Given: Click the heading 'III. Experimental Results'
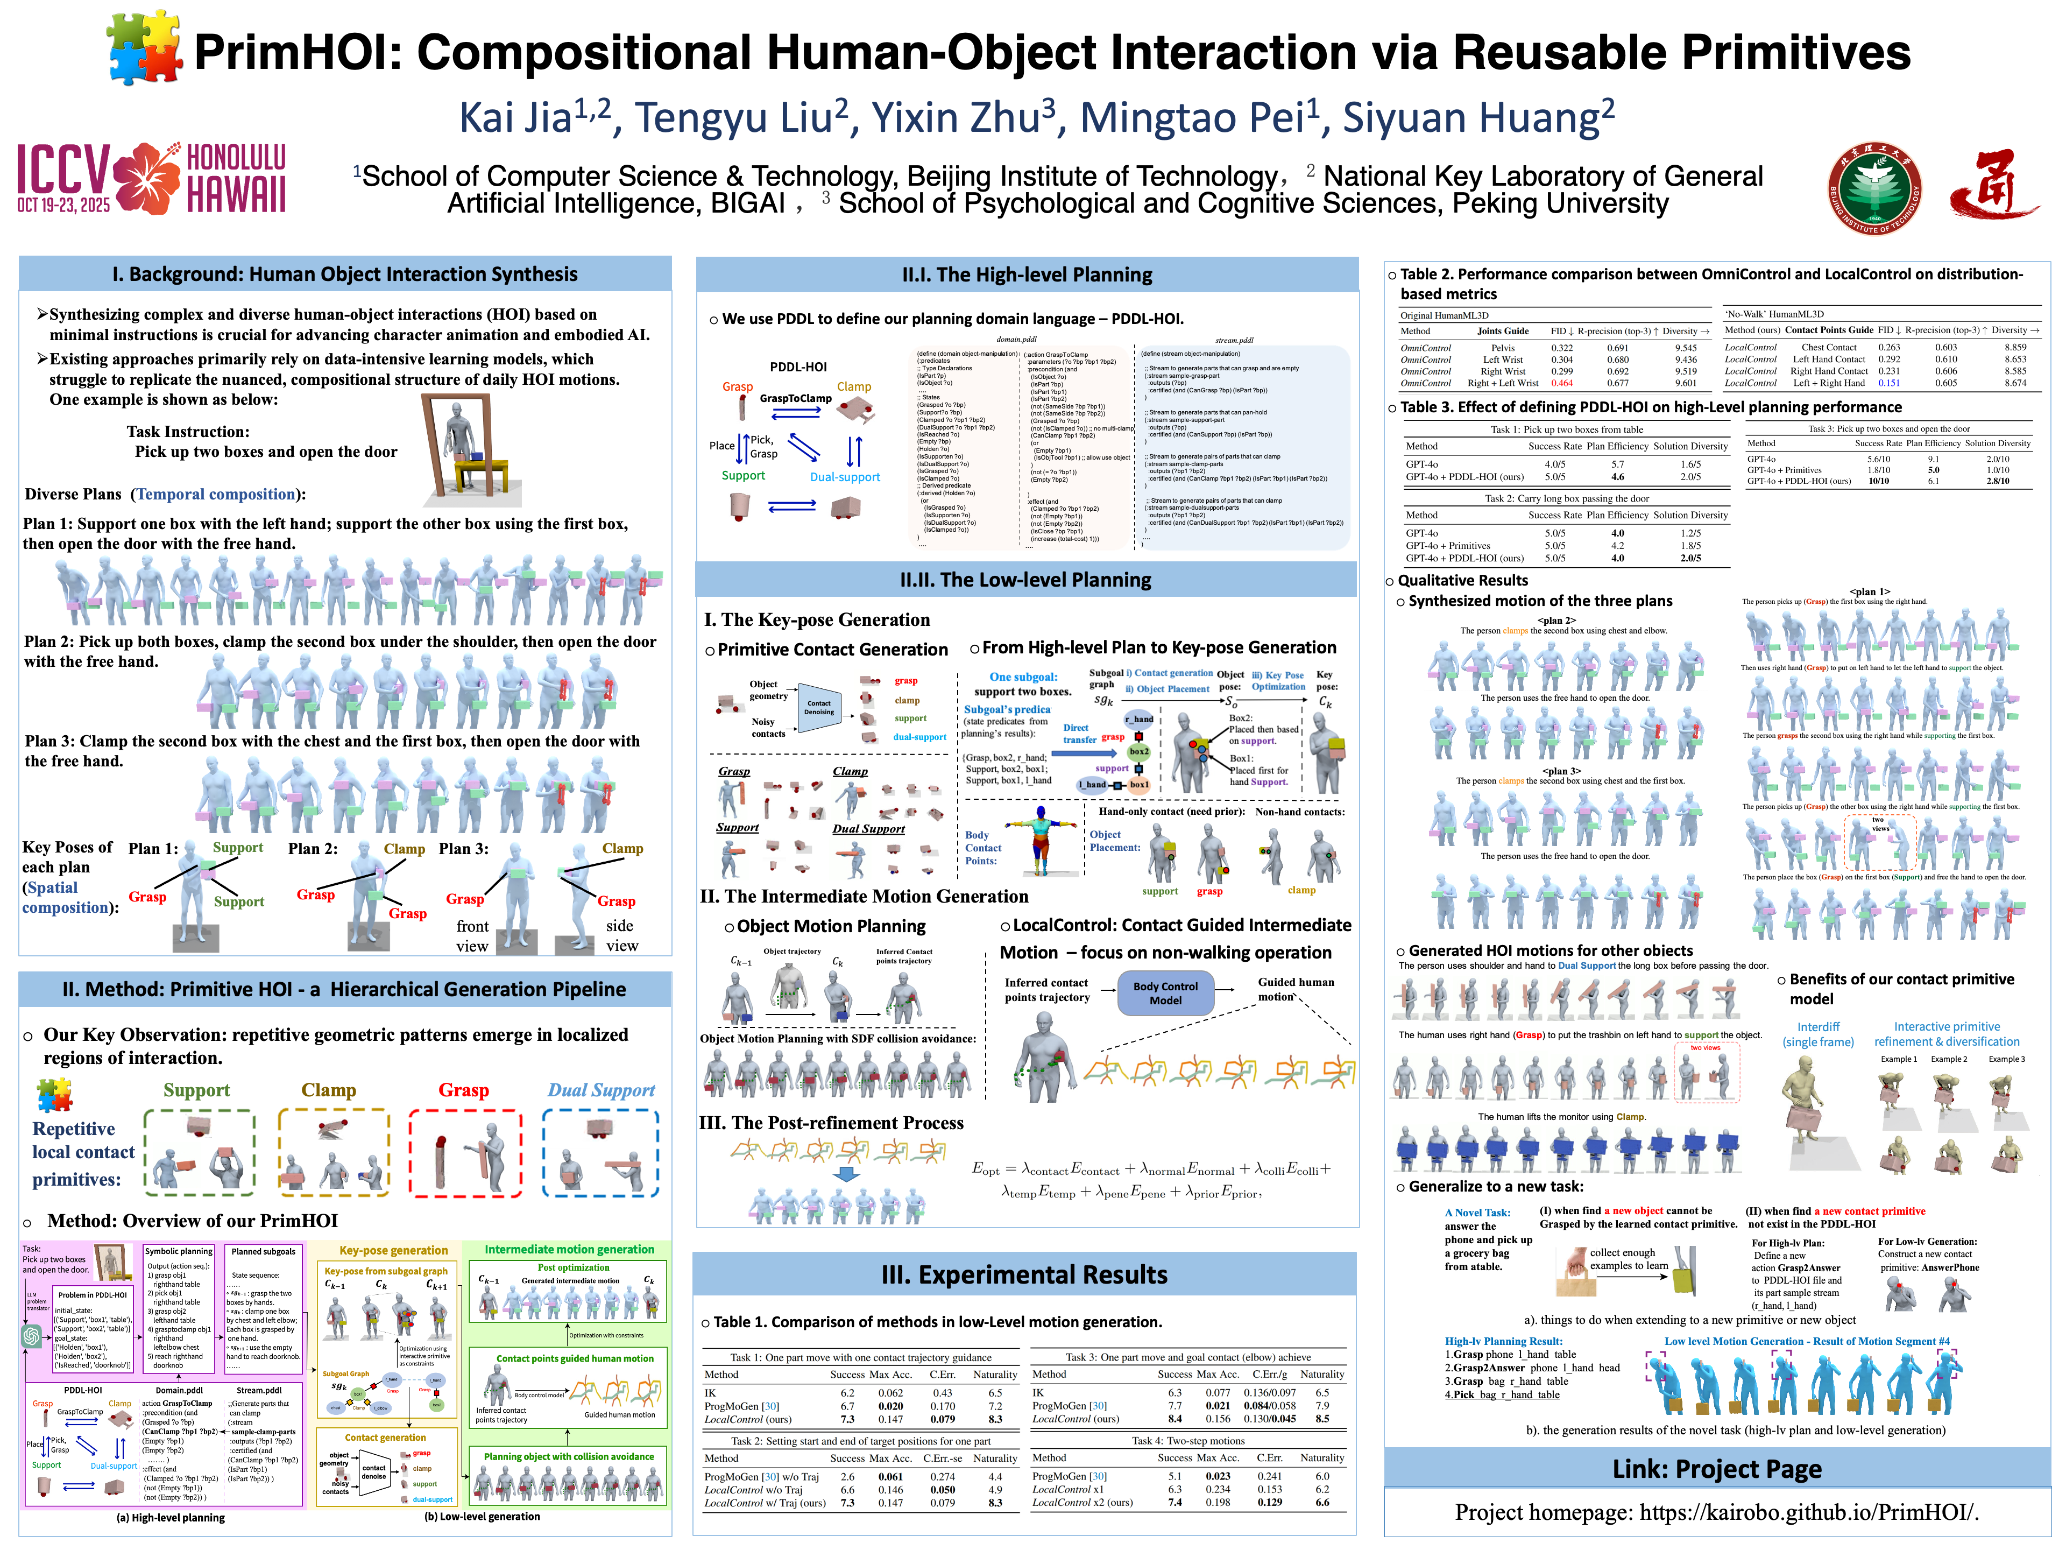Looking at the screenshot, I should tap(1024, 1274).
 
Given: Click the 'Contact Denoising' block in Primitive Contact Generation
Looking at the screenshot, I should tap(819, 708).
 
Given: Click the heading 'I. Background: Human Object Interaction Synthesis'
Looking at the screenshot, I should tap(345, 274).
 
